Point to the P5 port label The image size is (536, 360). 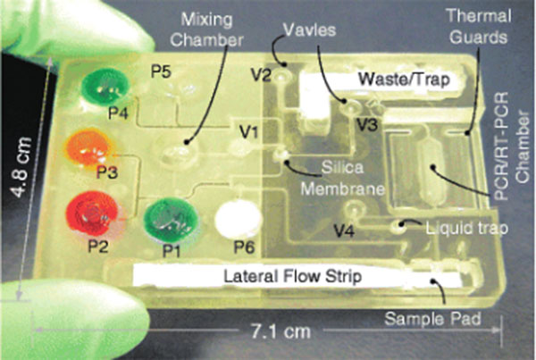[x=161, y=72]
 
